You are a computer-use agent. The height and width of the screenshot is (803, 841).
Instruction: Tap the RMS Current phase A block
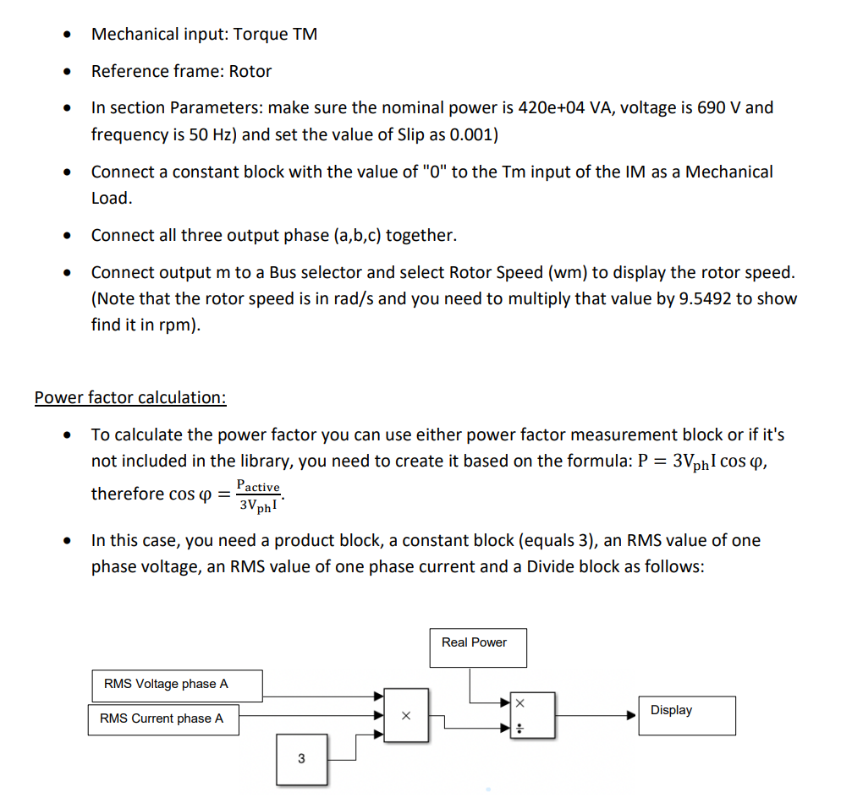tap(163, 719)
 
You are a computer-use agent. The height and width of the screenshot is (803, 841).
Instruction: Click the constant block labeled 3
tap(301, 759)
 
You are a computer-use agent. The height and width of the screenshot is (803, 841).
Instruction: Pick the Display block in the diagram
tap(687, 715)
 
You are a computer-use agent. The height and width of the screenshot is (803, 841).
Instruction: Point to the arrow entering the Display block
tap(631, 715)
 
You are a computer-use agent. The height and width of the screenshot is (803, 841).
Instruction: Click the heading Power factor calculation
tap(130, 397)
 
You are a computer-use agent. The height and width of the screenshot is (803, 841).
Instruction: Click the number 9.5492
tap(700, 299)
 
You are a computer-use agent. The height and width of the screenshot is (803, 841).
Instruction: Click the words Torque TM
tap(275, 35)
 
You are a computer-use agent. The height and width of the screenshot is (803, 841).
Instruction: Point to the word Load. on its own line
tap(112, 199)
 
